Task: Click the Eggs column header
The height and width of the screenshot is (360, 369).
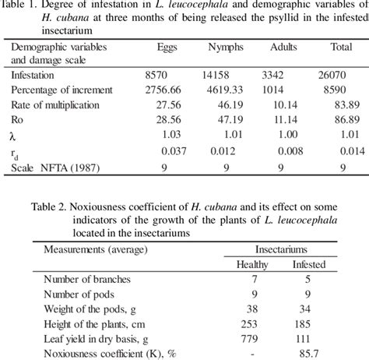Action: point(167,48)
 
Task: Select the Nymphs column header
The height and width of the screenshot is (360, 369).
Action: point(226,48)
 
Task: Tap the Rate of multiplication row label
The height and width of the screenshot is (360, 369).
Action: point(55,104)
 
